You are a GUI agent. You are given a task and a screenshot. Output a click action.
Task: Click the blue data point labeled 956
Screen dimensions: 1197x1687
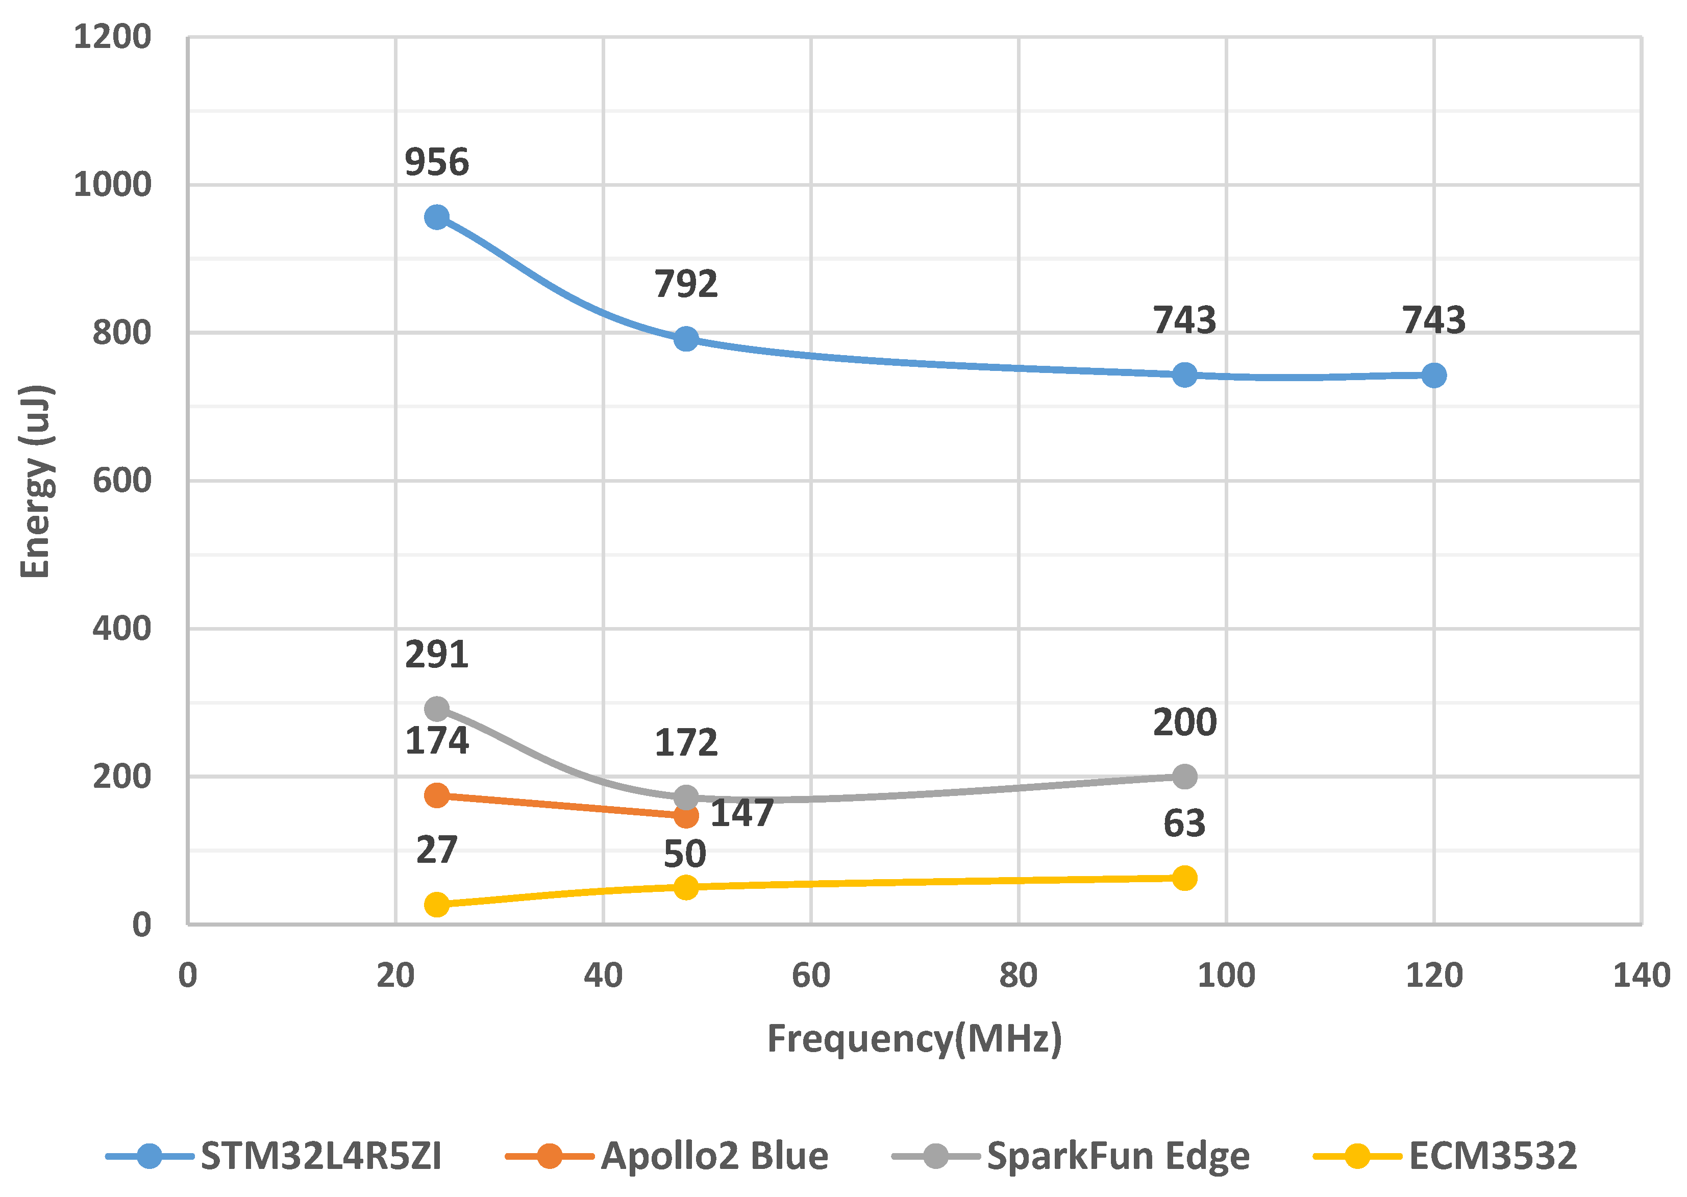point(436,217)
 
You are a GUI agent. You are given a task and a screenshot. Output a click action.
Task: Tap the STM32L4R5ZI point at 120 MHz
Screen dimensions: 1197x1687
point(1433,375)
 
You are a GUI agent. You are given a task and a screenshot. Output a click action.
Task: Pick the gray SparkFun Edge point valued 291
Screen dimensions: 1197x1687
point(436,709)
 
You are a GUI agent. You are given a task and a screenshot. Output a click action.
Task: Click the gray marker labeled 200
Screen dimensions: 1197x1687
point(1184,776)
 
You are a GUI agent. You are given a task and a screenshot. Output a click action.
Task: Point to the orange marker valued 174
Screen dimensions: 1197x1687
point(436,795)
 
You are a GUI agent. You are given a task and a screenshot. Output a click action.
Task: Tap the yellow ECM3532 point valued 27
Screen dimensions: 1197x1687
point(436,905)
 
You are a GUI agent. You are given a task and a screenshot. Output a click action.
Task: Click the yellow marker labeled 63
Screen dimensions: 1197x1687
point(1184,878)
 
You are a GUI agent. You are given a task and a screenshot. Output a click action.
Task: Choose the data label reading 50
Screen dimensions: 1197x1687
point(685,854)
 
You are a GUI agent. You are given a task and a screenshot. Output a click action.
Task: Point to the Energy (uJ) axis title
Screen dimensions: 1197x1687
point(35,481)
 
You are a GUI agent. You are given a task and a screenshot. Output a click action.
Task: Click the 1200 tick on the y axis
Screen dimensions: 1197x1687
point(112,37)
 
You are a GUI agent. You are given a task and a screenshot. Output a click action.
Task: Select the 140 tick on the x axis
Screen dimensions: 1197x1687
point(1641,976)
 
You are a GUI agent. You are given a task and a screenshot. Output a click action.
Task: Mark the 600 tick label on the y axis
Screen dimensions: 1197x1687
point(121,481)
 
